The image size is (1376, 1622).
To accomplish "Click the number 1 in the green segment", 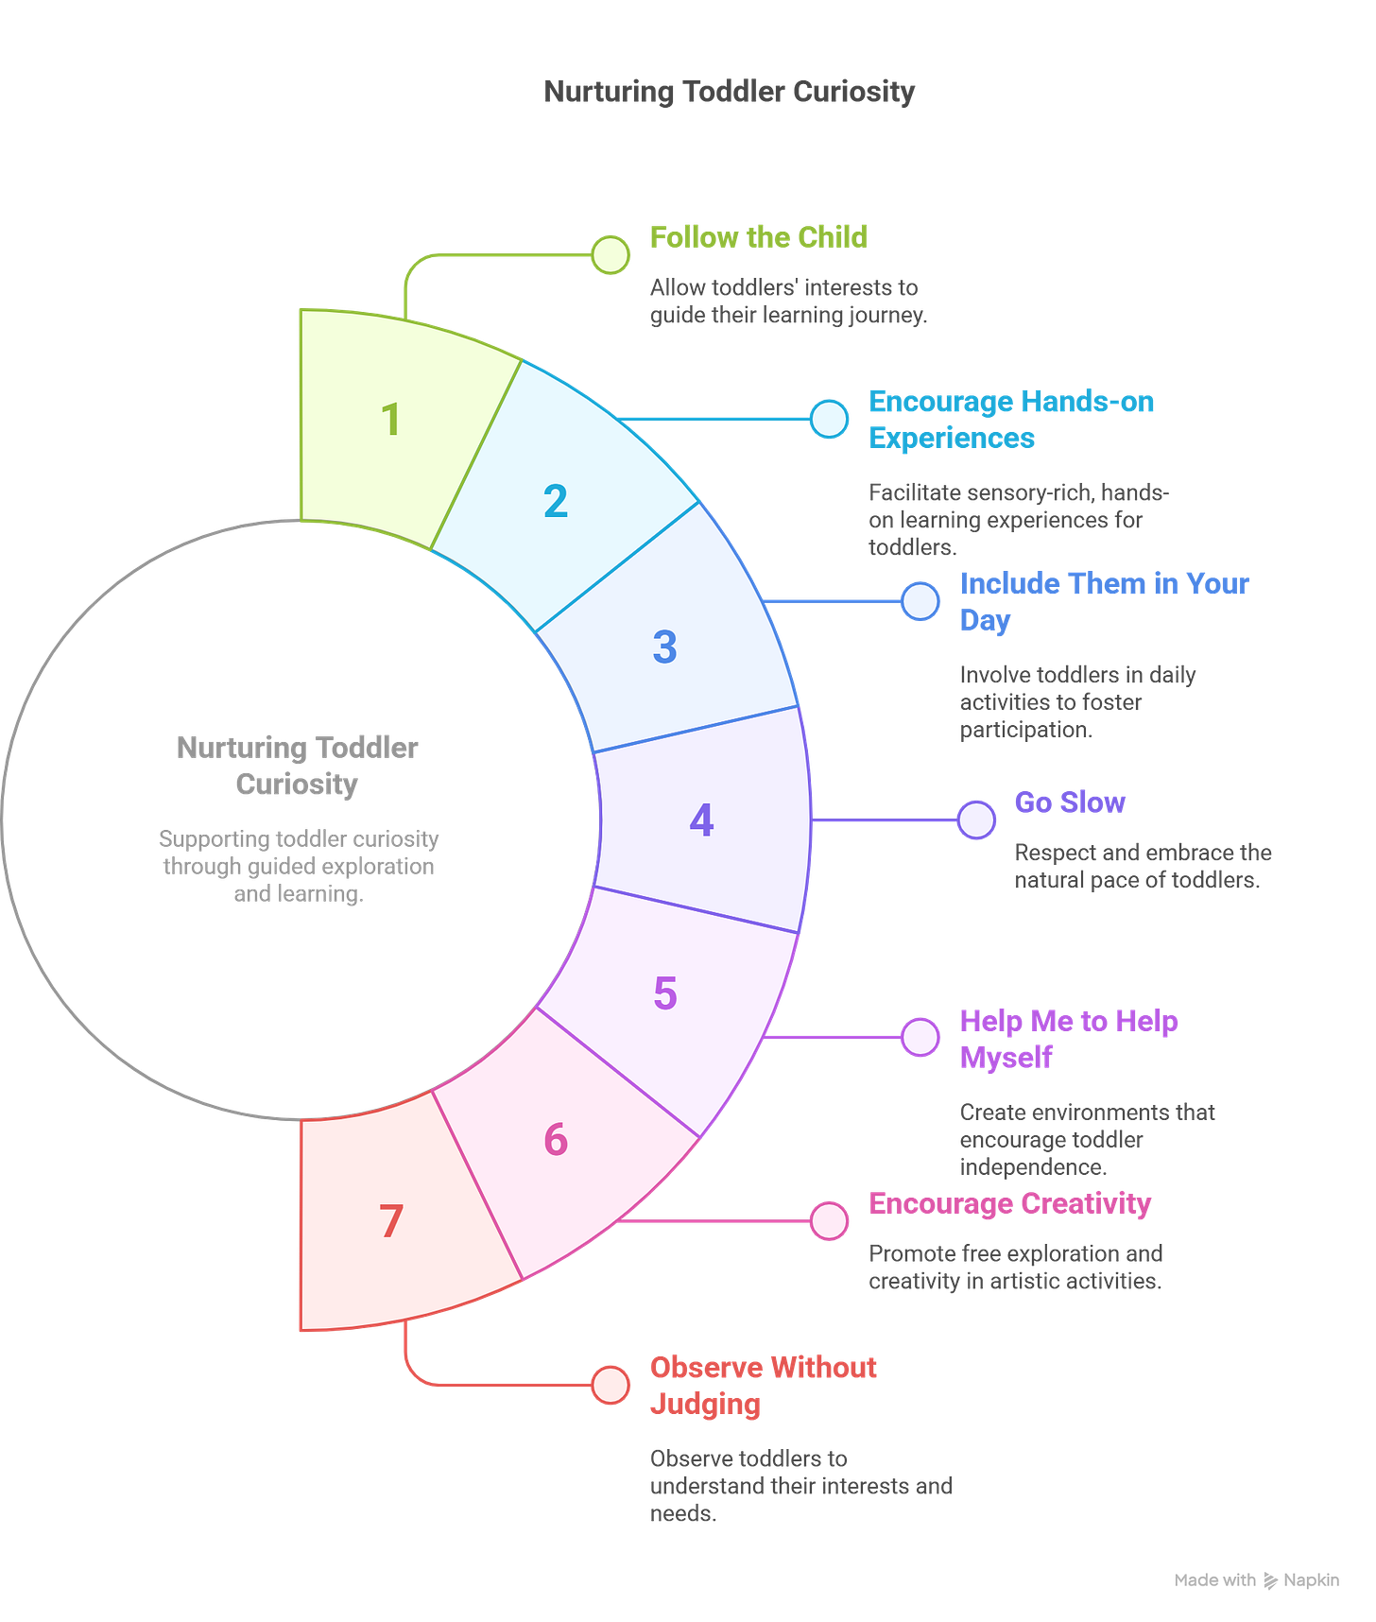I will (x=390, y=420).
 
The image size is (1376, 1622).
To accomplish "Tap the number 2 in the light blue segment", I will (x=556, y=501).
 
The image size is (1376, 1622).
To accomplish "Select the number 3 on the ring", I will (x=664, y=647).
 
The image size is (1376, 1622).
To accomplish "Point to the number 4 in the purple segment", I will (x=701, y=820).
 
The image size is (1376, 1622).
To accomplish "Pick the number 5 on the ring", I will (x=665, y=993).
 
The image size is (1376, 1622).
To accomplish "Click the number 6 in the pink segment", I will (x=556, y=1140).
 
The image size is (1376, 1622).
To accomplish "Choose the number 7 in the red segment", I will (x=391, y=1221).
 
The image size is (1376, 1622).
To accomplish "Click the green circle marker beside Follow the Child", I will (x=611, y=254).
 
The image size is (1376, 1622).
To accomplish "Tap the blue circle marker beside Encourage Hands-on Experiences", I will (x=830, y=419).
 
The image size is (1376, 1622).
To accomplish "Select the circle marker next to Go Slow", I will (x=976, y=820).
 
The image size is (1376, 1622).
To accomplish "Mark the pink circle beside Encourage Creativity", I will (x=830, y=1220).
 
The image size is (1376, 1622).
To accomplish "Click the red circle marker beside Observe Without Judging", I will (x=611, y=1386).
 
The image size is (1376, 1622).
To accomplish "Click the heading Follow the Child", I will (x=758, y=236).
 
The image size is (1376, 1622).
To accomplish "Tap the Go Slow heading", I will (x=1070, y=802).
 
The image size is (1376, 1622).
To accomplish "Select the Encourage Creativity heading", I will (x=1009, y=1203).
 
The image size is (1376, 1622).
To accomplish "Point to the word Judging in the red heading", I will (x=705, y=1405).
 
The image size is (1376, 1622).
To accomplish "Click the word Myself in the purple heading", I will (x=1006, y=1058).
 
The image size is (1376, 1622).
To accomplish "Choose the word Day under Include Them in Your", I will (x=985, y=621).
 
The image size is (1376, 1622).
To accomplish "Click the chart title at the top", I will (x=729, y=92).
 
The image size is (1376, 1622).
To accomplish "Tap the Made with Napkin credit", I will (x=1256, y=1579).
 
